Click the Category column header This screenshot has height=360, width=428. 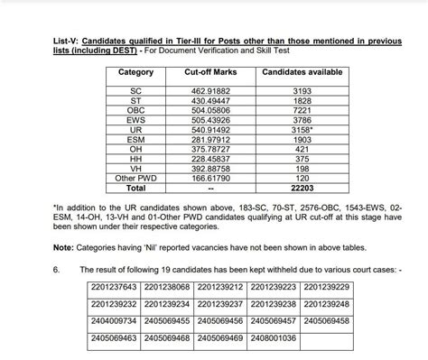tap(136, 71)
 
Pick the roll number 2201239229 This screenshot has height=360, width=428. tap(327, 287)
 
